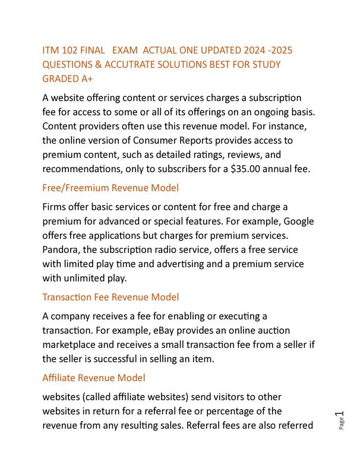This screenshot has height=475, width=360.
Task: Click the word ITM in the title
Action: [51, 50]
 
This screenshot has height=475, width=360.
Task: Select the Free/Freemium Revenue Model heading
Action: [110, 188]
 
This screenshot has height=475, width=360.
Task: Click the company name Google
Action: [301, 221]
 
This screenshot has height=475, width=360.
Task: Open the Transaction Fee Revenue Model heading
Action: [110, 297]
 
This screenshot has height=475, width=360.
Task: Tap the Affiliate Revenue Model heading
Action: [94, 378]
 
